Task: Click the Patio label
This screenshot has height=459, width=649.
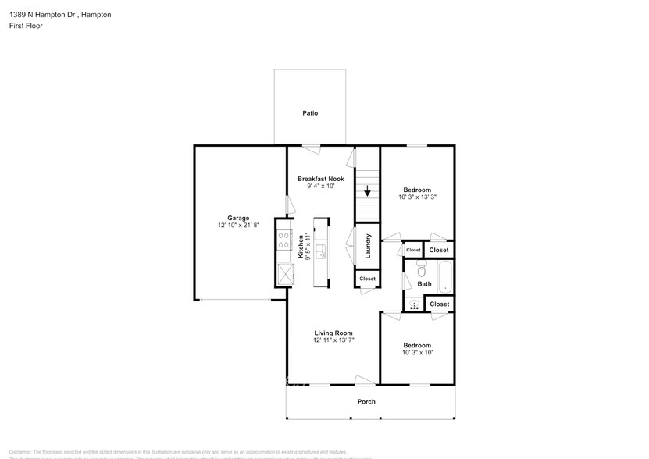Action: [310, 113]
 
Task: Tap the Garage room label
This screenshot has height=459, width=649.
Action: [238, 218]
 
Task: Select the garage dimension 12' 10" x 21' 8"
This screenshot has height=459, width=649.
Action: [238, 225]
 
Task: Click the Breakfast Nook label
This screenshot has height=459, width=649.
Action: [320, 179]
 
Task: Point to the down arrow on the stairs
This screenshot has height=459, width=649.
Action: [367, 191]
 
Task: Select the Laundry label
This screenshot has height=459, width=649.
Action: [367, 247]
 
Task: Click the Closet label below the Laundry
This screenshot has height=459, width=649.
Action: [367, 279]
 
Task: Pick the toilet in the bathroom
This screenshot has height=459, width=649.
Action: [423, 270]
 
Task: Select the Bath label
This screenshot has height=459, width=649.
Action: [424, 284]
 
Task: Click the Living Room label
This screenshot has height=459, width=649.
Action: [333, 333]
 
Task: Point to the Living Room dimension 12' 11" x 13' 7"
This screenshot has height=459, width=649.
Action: [333, 340]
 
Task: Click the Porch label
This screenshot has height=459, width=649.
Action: [366, 402]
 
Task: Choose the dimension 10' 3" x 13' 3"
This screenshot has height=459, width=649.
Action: [417, 197]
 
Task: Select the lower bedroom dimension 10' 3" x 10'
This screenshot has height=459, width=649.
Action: [417, 352]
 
